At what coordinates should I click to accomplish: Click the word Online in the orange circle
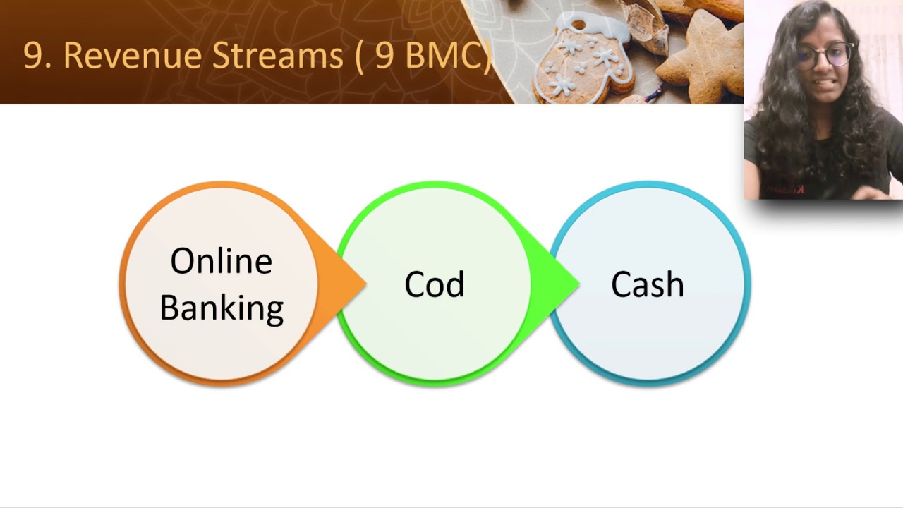221,262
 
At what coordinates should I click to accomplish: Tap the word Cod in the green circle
434,284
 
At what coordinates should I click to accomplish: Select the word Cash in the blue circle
647,284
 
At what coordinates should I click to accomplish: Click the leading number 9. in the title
37,56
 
